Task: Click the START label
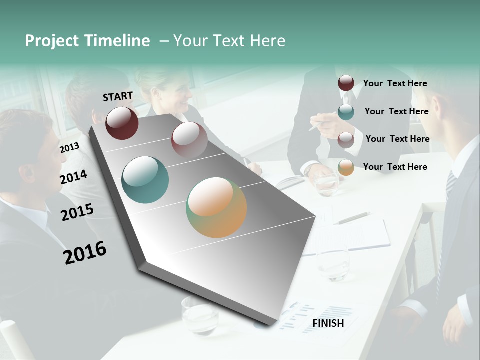point(118,96)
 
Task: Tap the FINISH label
point(328,323)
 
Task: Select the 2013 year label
point(69,148)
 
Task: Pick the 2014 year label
point(73,177)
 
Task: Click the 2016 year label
point(85,253)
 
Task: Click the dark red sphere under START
point(122,123)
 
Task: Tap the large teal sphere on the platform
point(145,180)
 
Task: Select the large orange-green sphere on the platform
point(216,207)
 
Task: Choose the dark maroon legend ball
point(346,83)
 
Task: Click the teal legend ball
point(346,111)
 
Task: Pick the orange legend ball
point(346,167)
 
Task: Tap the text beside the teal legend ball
point(396,111)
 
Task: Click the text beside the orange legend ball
point(395,167)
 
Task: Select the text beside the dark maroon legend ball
point(395,83)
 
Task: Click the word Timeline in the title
point(117,41)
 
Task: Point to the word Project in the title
point(52,41)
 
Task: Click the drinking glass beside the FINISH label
point(200,314)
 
